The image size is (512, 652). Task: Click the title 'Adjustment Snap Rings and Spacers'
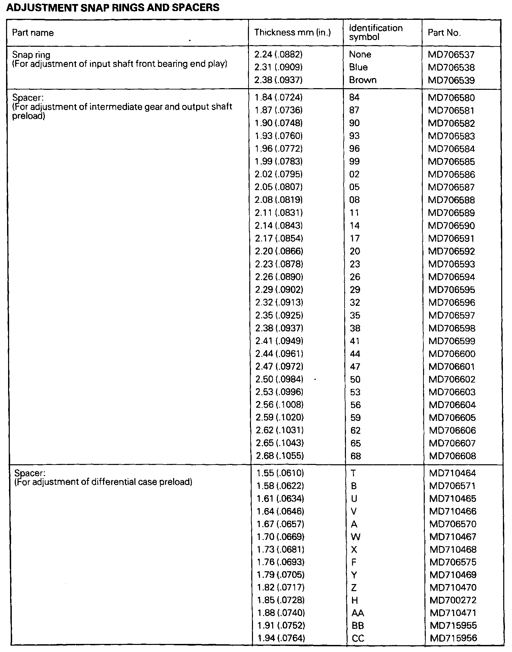(113, 7)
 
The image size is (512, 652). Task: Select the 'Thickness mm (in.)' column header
(292, 32)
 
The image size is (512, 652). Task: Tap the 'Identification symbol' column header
(376, 32)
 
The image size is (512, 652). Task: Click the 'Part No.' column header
(444, 33)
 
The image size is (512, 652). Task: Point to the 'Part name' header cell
(33, 33)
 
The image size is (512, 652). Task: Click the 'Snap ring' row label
(31, 55)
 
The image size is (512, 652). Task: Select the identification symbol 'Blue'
(358, 67)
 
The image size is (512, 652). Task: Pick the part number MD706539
(451, 80)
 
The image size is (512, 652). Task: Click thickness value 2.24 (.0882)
(278, 55)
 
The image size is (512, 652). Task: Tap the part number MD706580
(451, 98)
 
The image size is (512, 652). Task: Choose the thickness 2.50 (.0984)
(279, 379)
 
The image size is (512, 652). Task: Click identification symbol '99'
(354, 161)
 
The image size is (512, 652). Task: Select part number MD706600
(452, 354)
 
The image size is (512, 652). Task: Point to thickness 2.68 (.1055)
(280, 456)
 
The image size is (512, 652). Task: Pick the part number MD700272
(453, 600)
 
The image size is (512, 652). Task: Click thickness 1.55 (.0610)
(280, 473)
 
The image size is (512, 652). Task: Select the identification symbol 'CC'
(358, 638)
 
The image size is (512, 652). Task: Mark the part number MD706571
(453, 486)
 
